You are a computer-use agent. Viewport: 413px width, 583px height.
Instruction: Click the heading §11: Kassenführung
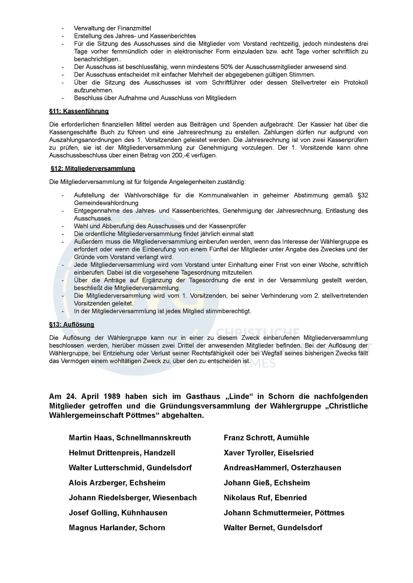pyautogui.click(x=79, y=111)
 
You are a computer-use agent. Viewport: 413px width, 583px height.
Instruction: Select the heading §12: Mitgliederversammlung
pyautogui.click(x=93, y=169)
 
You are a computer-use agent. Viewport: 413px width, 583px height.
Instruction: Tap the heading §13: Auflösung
pyautogui.click(x=72, y=324)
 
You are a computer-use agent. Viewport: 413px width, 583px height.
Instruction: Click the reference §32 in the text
pyautogui.click(x=363, y=195)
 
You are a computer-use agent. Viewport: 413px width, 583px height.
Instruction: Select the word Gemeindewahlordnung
pyautogui.click(x=106, y=203)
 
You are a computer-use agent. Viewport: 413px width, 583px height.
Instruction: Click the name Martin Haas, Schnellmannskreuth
pyautogui.click(x=130, y=438)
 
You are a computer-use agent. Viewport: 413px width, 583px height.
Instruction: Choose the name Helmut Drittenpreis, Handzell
pyautogui.click(x=122, y=453)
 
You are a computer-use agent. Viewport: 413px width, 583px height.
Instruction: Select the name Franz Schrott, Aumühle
pyautogui.click(x=266, y=438)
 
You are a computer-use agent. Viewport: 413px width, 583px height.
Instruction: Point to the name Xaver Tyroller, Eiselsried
pyautogui.click(x=268, y=453)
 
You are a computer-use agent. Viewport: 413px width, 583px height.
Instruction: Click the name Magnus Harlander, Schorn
pyautogui.click(x=117, y=527)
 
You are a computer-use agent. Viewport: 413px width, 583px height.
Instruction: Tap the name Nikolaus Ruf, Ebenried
pyautogui.click(x=265, y=497)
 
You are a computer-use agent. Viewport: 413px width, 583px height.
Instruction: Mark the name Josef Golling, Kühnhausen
pyautogui.click(x=118, y=513)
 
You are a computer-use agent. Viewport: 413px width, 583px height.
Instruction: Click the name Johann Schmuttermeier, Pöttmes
pyautogui.click(x=284, y=513)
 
